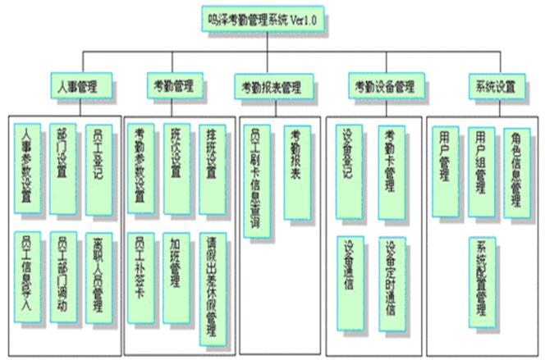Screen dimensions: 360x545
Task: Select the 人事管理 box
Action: pos(80,84)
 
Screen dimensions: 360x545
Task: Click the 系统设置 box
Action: pos(495,85)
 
